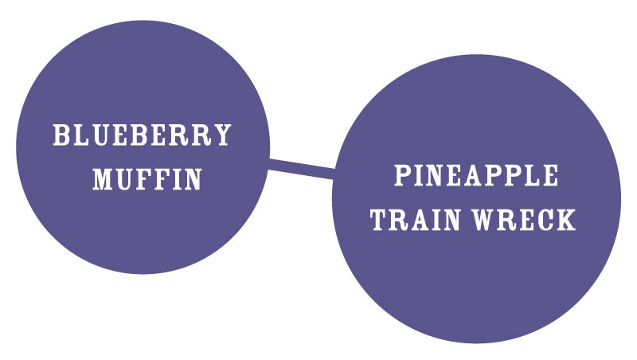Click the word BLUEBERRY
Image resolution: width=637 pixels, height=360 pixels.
[143, 135]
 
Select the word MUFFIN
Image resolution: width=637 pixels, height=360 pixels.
[147, 178]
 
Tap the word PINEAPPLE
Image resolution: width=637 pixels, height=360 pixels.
[476, 175]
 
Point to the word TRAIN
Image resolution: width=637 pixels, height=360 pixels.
[415, 219]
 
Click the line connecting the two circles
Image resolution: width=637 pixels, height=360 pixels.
[302, 168]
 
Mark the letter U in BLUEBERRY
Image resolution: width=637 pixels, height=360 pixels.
[101, 135]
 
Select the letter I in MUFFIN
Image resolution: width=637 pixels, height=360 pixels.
[174, 178]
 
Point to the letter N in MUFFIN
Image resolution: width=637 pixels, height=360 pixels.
[192, 178]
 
